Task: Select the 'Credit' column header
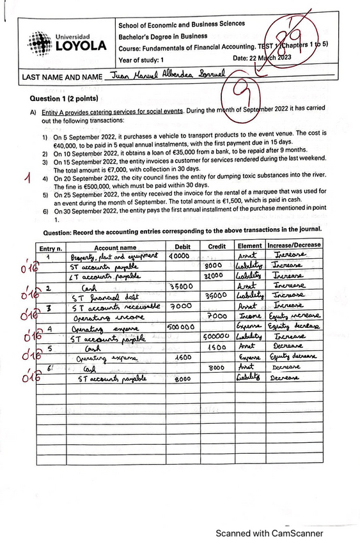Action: [x=217, y=246]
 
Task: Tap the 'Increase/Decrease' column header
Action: [x=294, y=245]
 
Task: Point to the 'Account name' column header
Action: [x=115, y=247]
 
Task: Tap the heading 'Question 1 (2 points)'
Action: [x=64, y=99]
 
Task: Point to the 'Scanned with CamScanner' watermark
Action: [x=269, y=533]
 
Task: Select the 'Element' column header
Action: [x=249, y=245]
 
